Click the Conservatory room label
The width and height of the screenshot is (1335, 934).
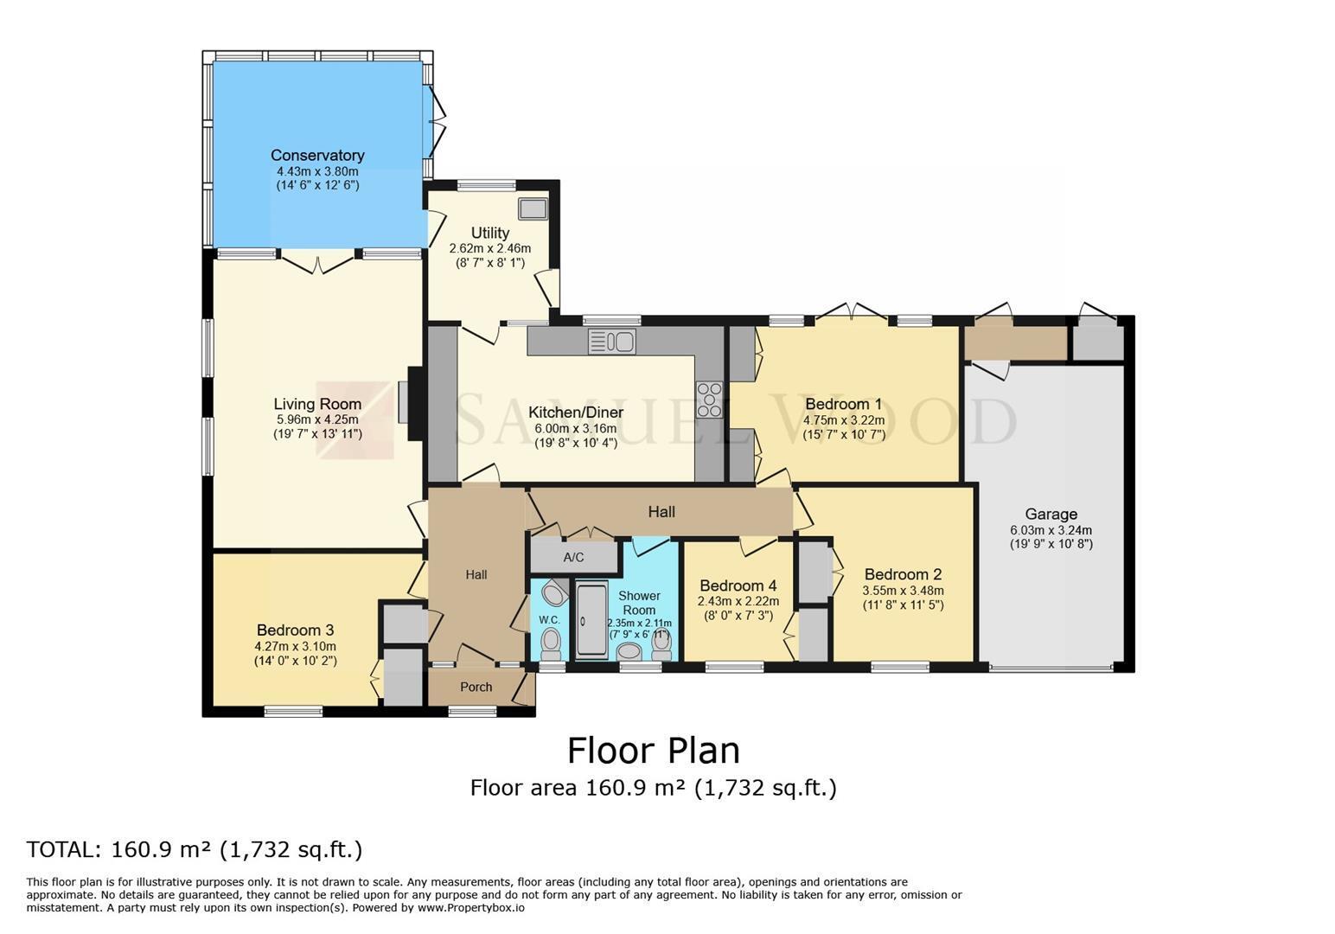[317, 156]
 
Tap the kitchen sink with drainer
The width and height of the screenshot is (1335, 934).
[611, 342]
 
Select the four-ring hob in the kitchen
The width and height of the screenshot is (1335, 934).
[709, 400]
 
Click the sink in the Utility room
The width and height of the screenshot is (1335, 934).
[533, 208]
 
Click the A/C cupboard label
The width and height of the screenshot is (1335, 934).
[573, 557]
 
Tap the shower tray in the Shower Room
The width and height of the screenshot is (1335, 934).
[591, 620]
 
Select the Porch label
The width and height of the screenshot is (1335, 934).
[476, 688]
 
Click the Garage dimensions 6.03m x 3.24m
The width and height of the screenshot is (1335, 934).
[1051, 530]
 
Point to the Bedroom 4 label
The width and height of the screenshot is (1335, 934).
[739, 585]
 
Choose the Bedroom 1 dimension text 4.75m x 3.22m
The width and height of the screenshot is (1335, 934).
[844, 419]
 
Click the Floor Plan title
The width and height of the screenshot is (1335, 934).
[653, 751]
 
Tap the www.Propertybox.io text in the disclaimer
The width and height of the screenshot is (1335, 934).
[471, 908]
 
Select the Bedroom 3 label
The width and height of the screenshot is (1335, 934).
[295, 630]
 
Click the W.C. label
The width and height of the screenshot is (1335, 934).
[550, 620]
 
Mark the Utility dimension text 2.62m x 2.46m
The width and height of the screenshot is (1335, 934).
[490, 248]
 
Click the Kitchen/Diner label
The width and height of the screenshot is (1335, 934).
[576, 412]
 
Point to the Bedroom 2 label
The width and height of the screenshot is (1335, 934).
[903, 574]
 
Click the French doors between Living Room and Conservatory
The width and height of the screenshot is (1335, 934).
[318, 263]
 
